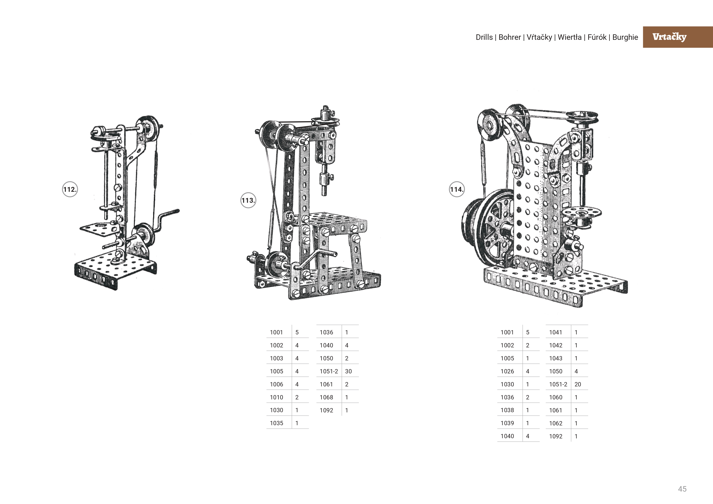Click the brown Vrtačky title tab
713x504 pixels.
tap(677, 37)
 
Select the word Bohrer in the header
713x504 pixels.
tap(509, 37)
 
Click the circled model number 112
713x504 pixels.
tap(70, 189)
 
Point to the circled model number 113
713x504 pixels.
tap(248, 200)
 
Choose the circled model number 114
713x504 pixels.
tap(456, 189)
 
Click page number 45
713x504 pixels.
tap(682, 489)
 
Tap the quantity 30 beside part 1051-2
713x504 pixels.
tap(348, 371)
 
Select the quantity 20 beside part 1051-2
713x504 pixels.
tap(577, 384)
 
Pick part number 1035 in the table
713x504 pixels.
tap(276, 423)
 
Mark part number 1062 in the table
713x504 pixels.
tap(555, 423)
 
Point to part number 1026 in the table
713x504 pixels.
tap(507, 371)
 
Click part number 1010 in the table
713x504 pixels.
tap(276, 397)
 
